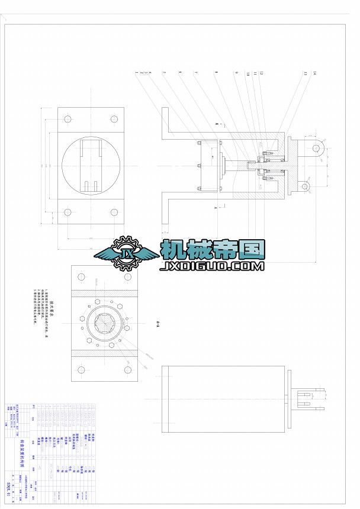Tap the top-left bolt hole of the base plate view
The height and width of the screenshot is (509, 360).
point(67,119)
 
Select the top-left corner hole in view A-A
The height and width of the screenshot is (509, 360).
point(82,276)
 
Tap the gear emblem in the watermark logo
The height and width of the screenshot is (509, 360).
point(126,253)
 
